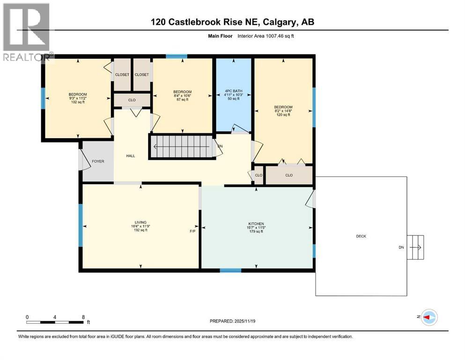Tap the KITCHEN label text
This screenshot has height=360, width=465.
[x=256, y=224]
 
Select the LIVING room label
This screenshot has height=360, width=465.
[x=140, y=222]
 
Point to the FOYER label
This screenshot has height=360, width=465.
[x=98, y=161]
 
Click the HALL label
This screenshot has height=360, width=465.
[x=131, y=156]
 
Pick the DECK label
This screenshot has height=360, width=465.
[x=361, y=236]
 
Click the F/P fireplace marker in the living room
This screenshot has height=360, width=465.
[x=192, y=231]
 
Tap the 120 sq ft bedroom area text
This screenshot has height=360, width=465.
[x=283, y=115]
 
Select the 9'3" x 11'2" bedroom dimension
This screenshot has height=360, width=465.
[x=78, y=98]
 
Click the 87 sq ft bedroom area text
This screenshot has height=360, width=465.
[x=182, y=99]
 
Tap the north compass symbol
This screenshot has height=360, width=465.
[x=428, y=317]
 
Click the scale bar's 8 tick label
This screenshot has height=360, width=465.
[x=83, y=317]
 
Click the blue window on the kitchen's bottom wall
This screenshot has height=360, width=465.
[x=230, y=270]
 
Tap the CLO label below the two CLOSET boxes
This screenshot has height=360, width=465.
[x=132, y=99]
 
